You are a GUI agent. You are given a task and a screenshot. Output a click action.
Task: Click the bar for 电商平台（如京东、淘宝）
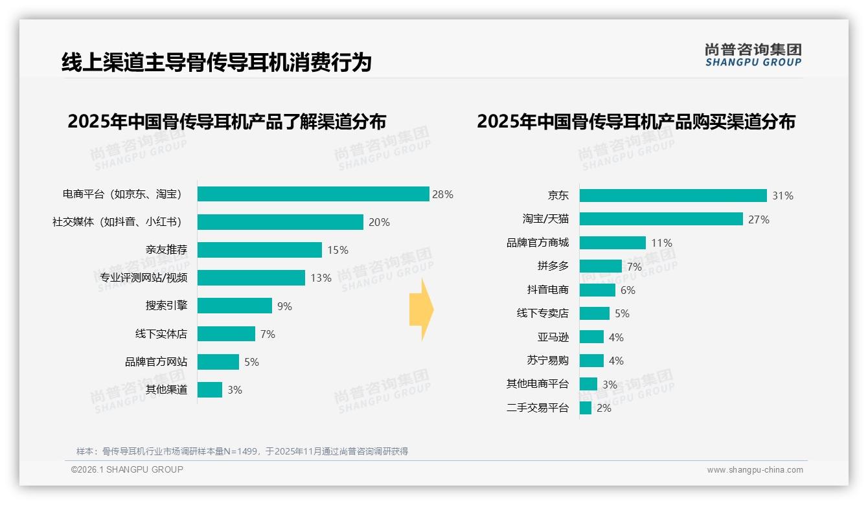pos(313,194)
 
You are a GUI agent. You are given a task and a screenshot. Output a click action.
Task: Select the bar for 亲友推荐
pos(259,250)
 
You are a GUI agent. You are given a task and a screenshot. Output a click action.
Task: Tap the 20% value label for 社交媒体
pos(379,222)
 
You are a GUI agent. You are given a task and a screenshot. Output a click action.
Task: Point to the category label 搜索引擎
pos(166,306)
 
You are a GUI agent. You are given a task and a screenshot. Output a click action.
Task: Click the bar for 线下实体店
pos(226,334)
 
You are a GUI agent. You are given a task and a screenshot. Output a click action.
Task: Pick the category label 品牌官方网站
pos(155,362)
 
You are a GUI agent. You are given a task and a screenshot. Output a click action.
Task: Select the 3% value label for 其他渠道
pos(234,390)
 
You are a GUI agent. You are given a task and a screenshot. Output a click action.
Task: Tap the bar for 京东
pos(673,196)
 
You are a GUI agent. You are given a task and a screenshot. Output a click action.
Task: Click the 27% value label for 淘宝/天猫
pos(759,219)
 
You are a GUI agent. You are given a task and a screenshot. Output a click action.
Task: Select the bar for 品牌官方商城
pos(612,243)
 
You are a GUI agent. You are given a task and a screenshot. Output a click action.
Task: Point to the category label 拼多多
pos(553,266)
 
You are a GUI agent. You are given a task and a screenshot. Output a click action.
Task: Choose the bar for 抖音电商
pos(597,290)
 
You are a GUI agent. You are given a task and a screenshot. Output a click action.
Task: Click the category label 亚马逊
pos(553,337)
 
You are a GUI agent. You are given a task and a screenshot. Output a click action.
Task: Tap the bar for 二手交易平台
pos(585,408)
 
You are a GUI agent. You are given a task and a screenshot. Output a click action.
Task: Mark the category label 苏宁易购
pos(547,361)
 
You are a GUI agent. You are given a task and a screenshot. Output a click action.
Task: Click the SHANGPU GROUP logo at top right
pos(753,55)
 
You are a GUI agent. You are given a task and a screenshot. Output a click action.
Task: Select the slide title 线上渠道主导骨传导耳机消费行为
pos(216,63)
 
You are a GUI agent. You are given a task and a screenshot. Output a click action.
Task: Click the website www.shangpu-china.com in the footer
pos(755,470)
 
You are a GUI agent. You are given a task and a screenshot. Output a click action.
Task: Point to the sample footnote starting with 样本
pos(242,451)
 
